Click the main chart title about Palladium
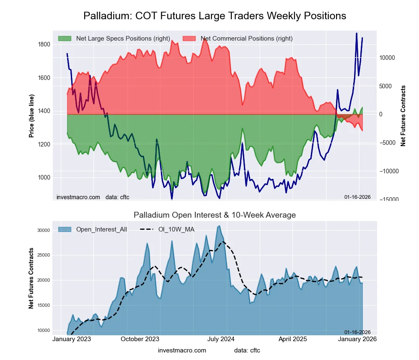215,16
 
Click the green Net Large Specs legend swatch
65,39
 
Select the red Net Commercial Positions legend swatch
189,39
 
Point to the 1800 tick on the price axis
44,44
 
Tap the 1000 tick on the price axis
44,177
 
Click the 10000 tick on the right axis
388,58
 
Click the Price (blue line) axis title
31,116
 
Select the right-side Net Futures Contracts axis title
403,116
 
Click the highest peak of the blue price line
357,33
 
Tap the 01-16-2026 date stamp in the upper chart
357,197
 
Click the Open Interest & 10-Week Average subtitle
215,215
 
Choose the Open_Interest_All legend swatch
65,229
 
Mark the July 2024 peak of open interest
219,226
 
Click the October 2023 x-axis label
140,339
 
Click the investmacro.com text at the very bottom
182,350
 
